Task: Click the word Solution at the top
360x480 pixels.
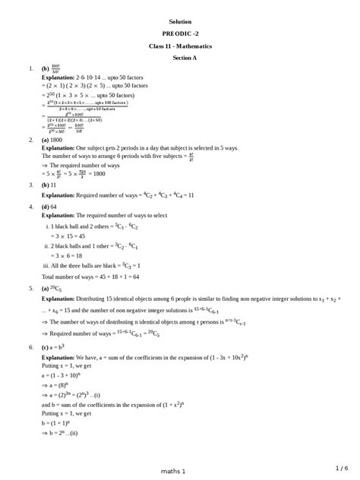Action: tap(180, 22)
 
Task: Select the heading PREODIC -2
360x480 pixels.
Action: tap(180, 34)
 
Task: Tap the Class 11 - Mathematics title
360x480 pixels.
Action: tap(180, 46)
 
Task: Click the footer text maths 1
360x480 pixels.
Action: tap(172, 471)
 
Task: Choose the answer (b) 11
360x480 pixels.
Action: tap(49, 185)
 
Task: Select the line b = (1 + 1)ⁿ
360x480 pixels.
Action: tap(60, 422)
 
